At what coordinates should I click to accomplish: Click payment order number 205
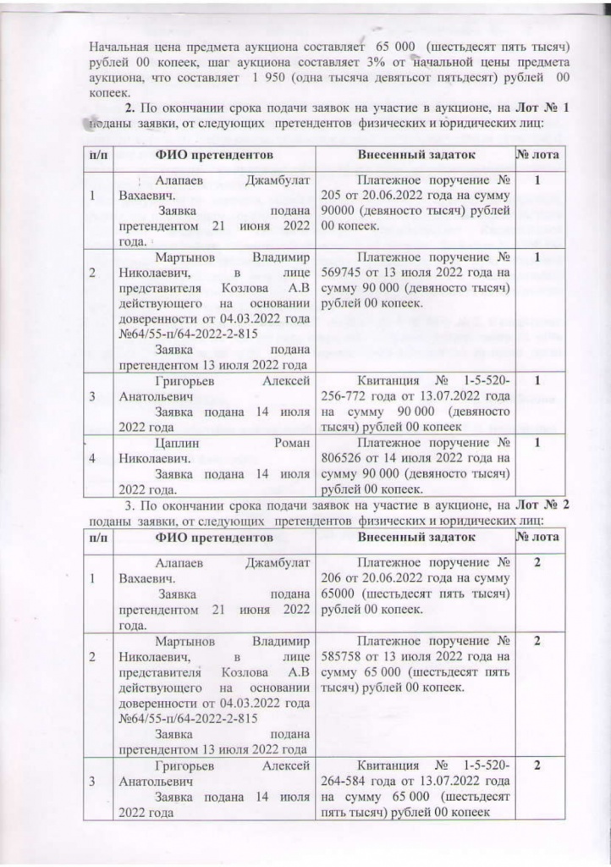point(333,196)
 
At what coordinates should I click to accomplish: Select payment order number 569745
point(344,273)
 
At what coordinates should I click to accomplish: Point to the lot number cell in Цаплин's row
point(537,441)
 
